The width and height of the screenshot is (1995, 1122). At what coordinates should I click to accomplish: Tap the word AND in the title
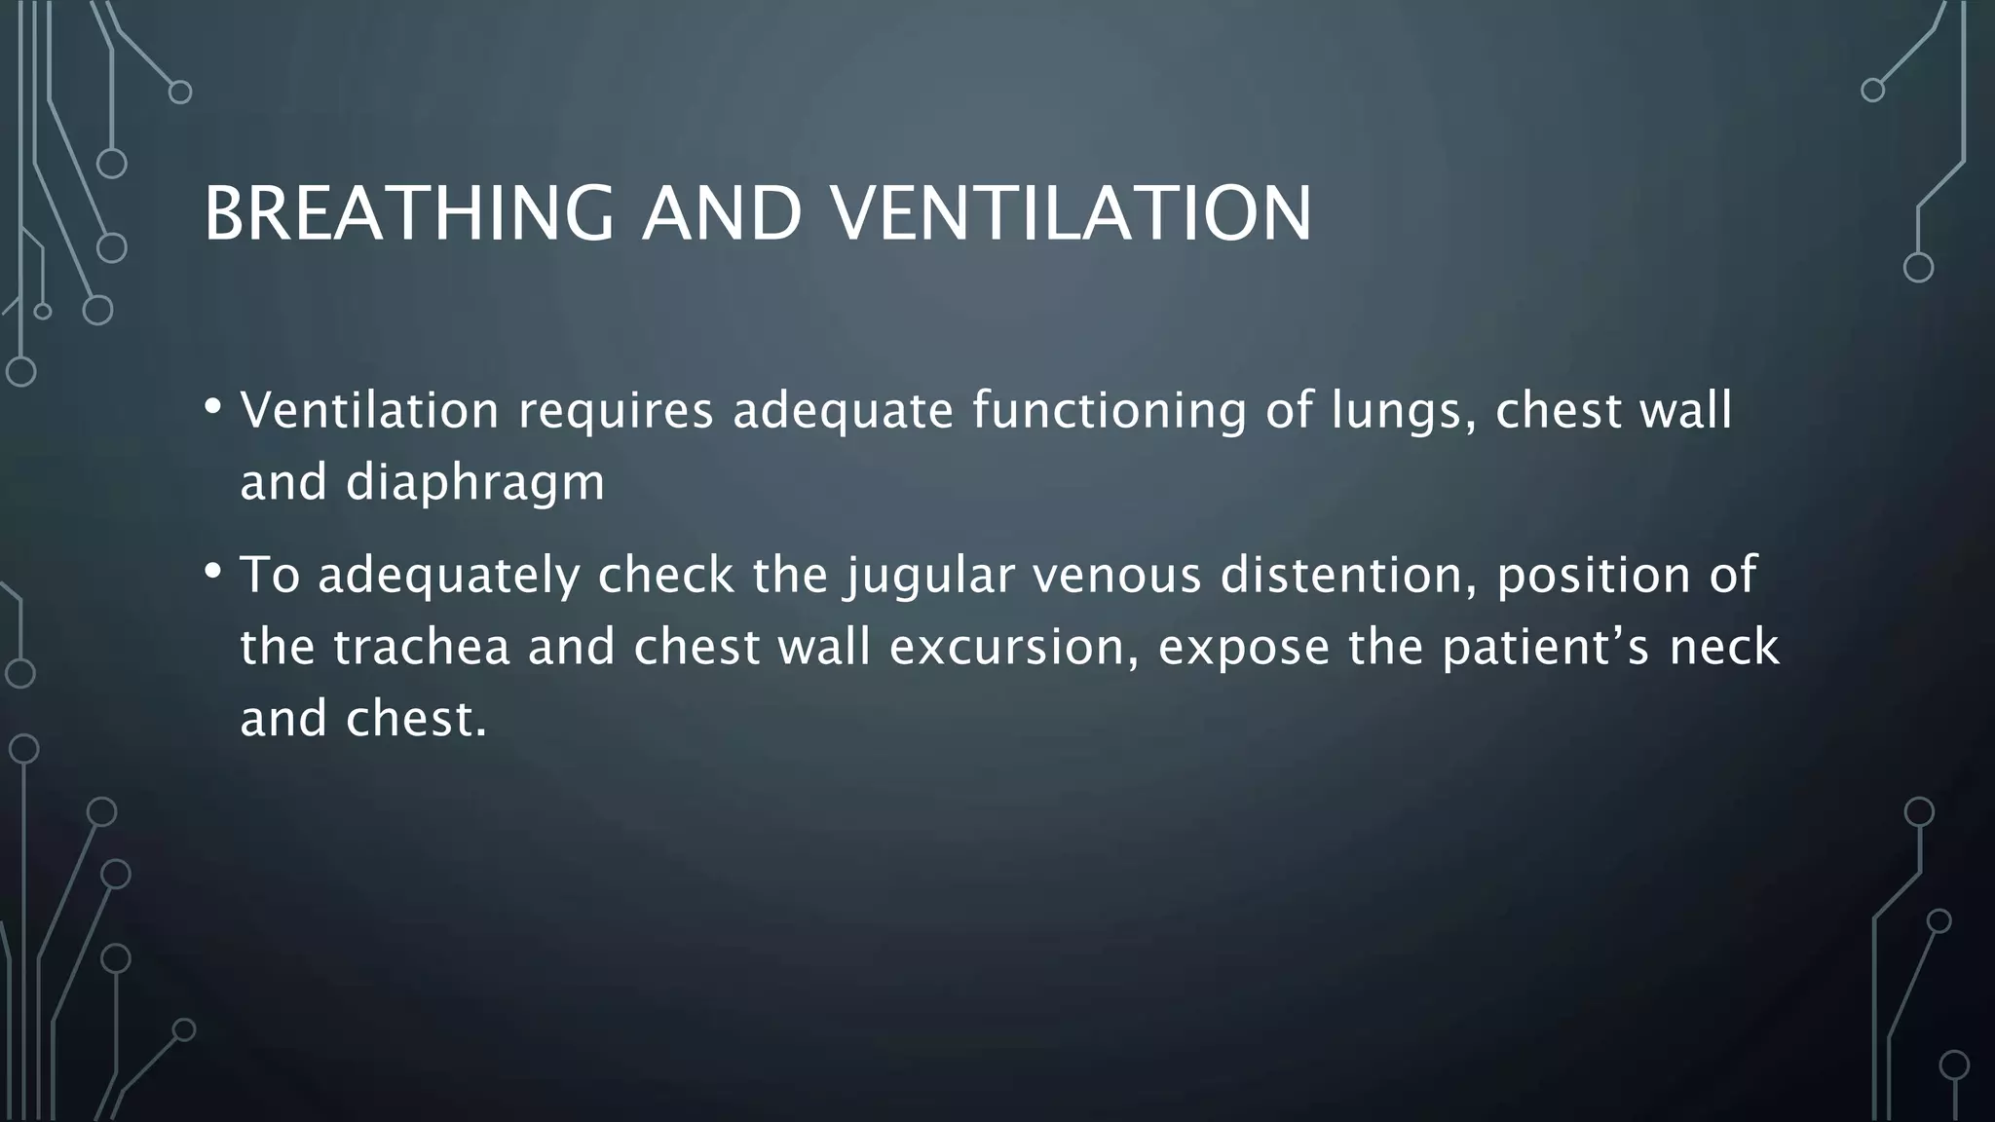pyautogui.click(x=722, y=213)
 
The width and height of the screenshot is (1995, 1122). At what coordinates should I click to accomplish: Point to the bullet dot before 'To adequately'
pyautogui.click(x=213, y=571)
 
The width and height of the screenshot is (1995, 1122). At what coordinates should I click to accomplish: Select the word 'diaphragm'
pyautogui.click(x=474, y=483)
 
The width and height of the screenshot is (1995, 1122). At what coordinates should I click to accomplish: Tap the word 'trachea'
pyautogui.click(x=422, y=648)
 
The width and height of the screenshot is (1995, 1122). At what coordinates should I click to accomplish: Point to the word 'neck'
pyautogui.click(x=1724, y=648)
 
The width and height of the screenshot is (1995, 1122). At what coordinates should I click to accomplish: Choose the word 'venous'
pyautogui.click(x=1116, y=577)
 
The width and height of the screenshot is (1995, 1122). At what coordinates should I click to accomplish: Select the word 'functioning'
pyautogui.click(x=1110, y=411)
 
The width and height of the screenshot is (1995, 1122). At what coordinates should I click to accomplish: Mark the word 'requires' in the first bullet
pyautogui.click(x=616, y=411)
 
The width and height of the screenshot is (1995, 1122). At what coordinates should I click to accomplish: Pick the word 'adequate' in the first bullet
pyautogui.click(x=843, y=411)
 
